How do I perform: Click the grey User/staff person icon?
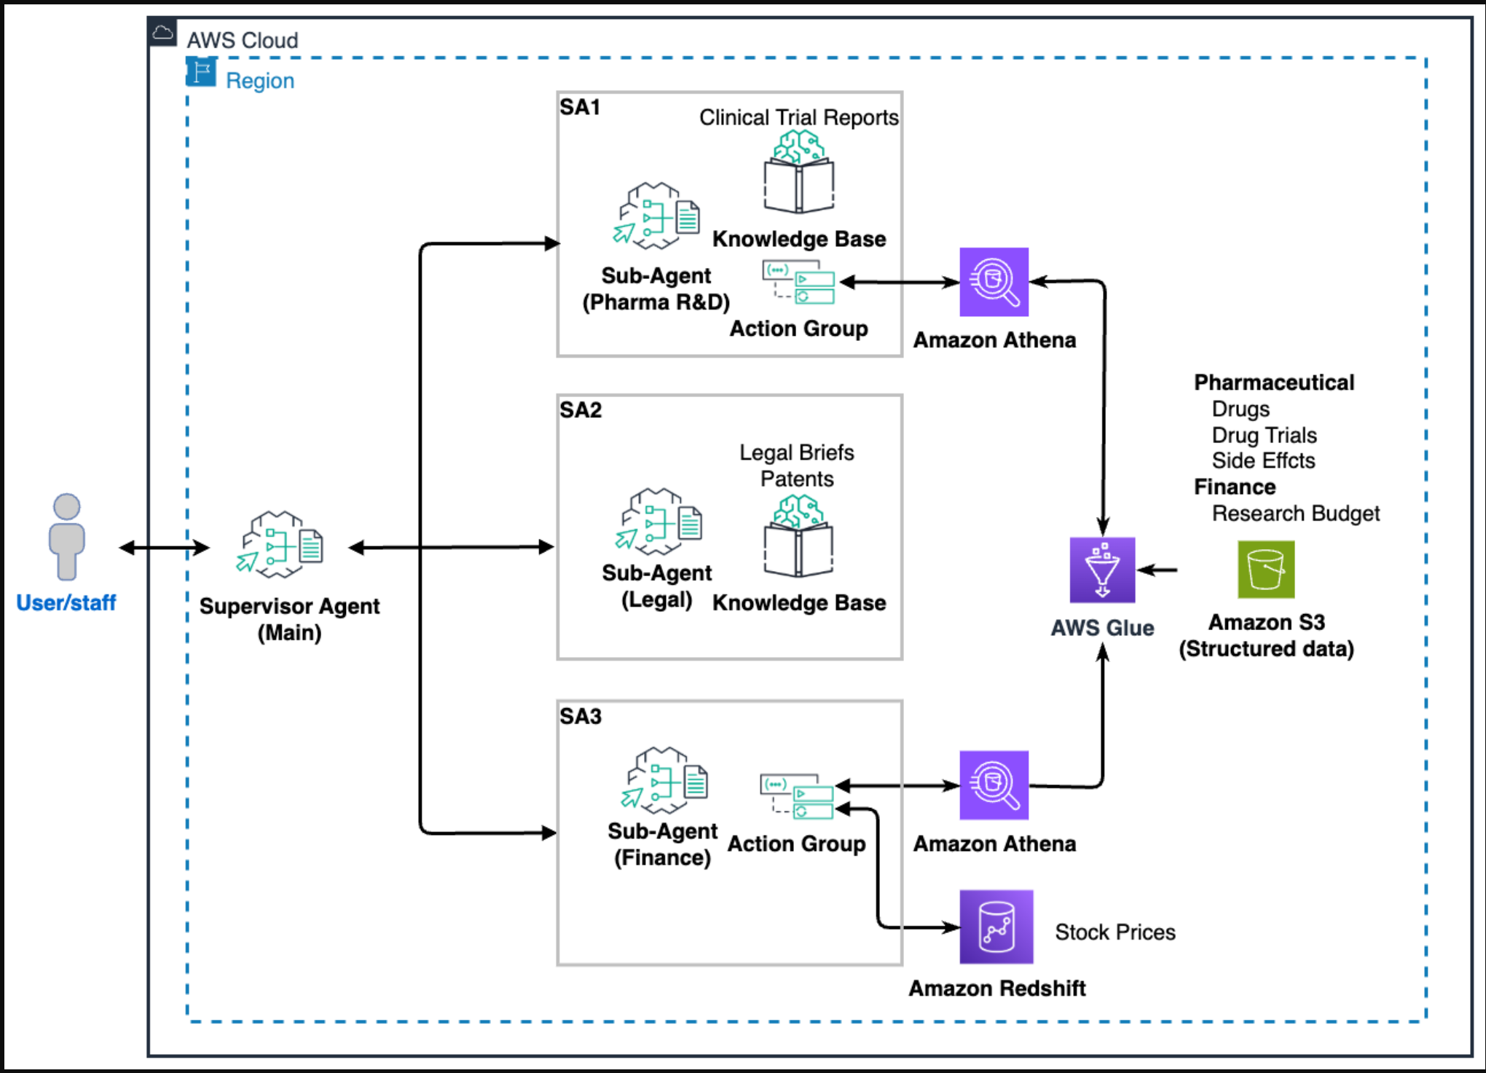tap(67, 536)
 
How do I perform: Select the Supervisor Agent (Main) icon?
tap(280, 545)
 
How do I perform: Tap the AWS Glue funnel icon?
tap(1102, 570)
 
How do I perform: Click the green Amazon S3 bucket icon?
tap(1266, 570)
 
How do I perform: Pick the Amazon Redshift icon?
tap(996, 927)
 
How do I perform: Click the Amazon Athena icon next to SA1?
tap(994, 282)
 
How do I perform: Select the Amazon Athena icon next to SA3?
tap(994, 785)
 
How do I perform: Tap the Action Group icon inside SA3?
tap(798, 796)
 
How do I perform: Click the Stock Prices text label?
tap(1114, 932)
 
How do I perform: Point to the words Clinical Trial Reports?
tap(798, 117)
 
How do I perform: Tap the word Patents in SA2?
tap(797, 479)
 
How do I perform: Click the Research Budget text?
tap(1295, 514)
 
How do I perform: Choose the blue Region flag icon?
tap(201, 72)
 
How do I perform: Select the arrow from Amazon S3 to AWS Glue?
tap(1158, 570)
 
